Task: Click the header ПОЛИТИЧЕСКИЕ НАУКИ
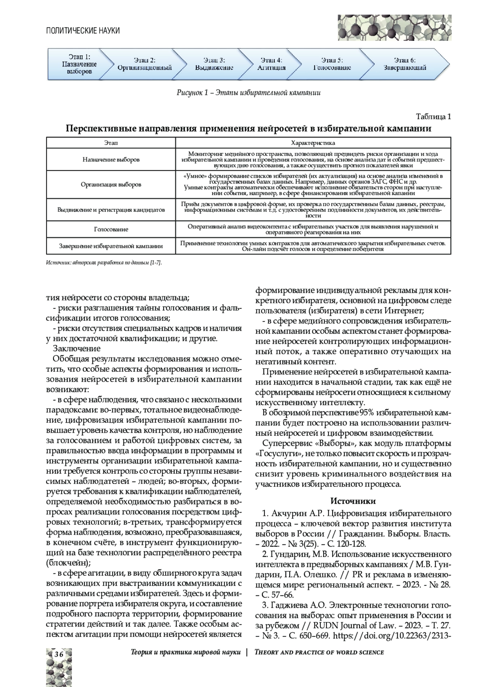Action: pos(83,30)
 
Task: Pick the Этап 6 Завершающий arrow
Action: pos(405,64)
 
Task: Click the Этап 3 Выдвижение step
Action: pos(214,64)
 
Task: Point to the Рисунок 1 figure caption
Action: pos(248,93)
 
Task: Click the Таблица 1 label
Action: pos(433,117)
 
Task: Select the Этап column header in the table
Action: pos(111,143)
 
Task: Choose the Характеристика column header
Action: pos(313,143)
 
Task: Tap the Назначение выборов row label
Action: pos(111,160)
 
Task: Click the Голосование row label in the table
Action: pos(111,229)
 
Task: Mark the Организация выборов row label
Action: pos(111,185)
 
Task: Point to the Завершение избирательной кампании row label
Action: pos(111,246)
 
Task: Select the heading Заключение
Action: pos(77,349)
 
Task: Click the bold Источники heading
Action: pos(353,501)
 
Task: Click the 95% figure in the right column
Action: pos(369,413)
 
